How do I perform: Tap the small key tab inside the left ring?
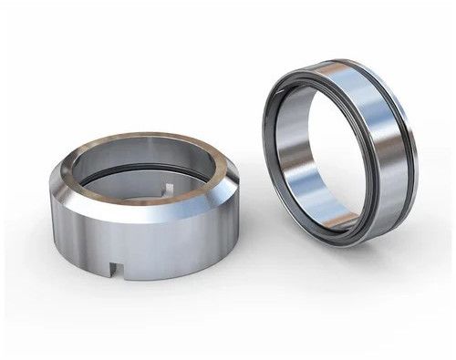click(x=167, y=189)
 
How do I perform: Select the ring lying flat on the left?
click(x=142, y=205)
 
